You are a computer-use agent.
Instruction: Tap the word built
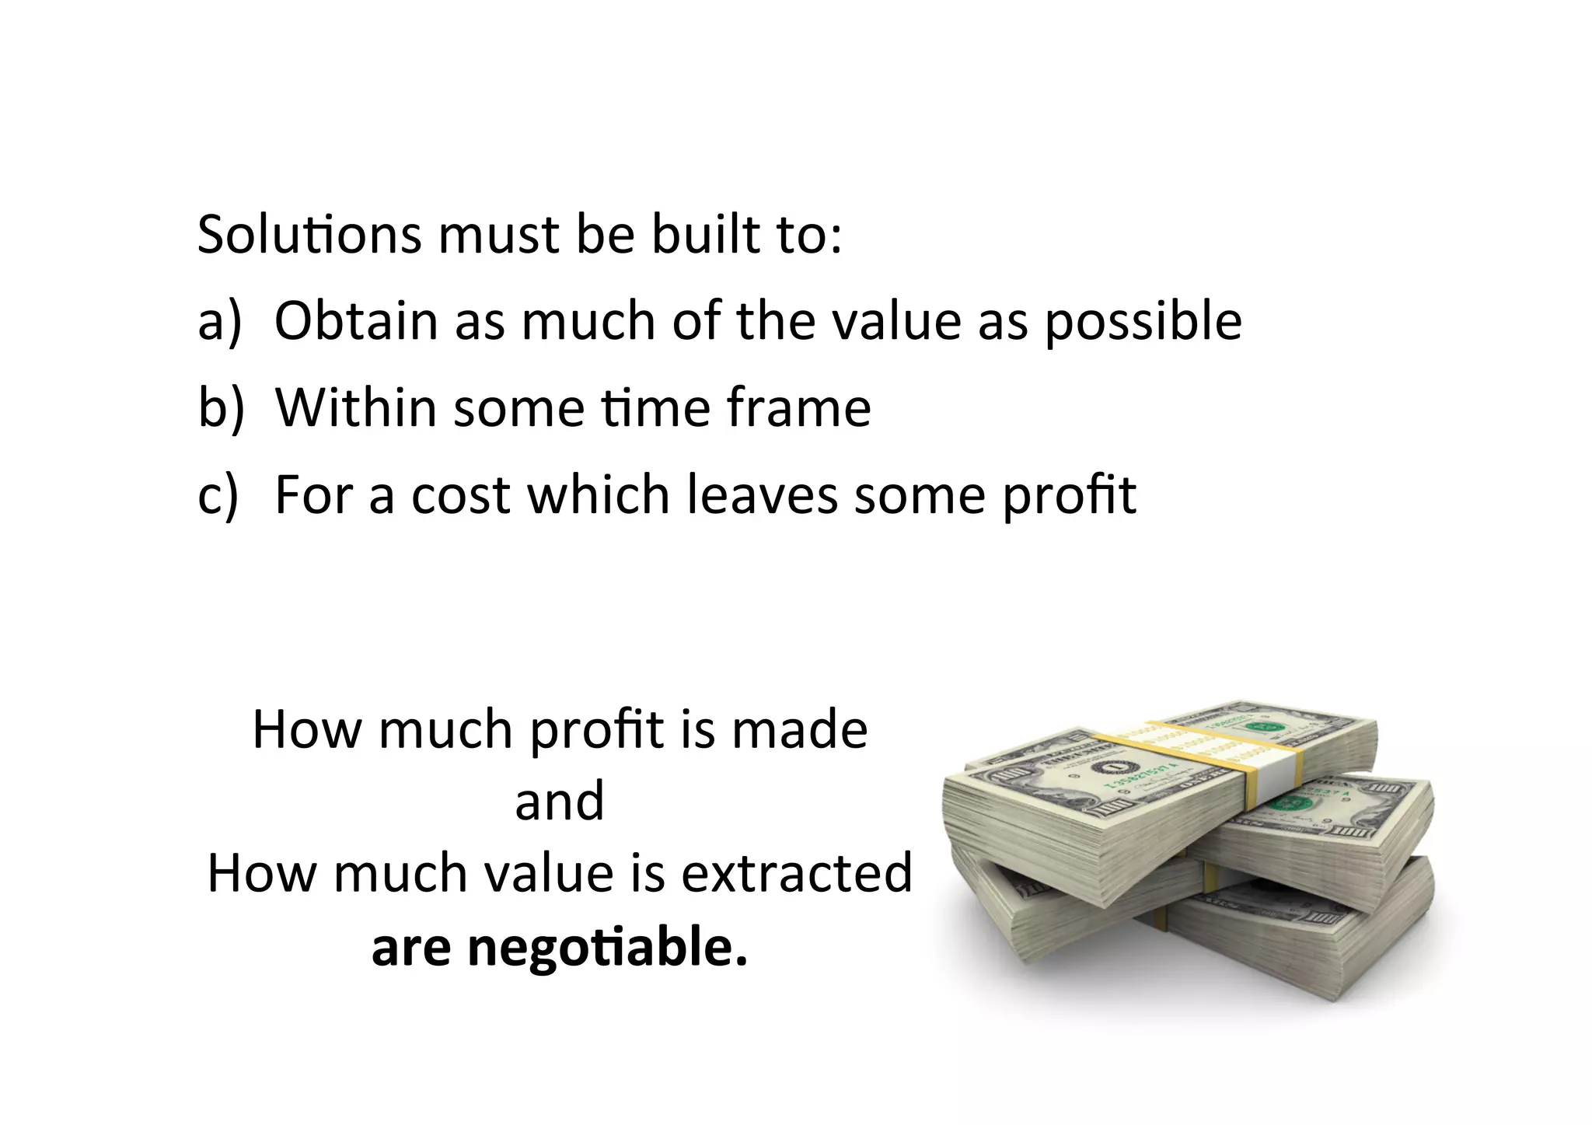click(x=704, y=233)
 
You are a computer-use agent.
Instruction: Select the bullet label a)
click(x=220, y=320)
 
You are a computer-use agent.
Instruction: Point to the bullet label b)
click(x=221, y=407)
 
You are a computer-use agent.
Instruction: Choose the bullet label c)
click(x=218, y=495)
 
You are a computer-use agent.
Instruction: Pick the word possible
click(x=1143, y=322)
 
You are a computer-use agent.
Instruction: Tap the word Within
click(x=356, y=407)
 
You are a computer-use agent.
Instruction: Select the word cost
click(x=460, y=495)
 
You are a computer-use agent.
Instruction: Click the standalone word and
click(x=560, y=801)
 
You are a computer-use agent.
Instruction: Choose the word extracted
click(x=797, y=872)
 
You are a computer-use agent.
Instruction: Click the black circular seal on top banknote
click(x=1107, y=770)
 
